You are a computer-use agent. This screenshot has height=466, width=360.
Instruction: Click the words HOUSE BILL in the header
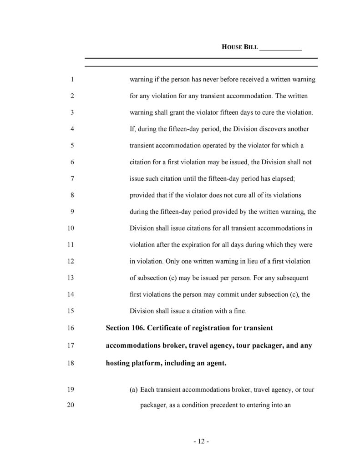tap(239, 47)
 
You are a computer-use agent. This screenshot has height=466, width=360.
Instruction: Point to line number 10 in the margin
tap(71, 228)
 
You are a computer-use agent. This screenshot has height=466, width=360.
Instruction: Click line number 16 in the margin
tap(71, 327)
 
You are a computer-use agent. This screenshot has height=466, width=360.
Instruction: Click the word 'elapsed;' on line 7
tap(284, 179)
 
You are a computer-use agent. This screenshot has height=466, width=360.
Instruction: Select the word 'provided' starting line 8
tap(142, 195)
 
